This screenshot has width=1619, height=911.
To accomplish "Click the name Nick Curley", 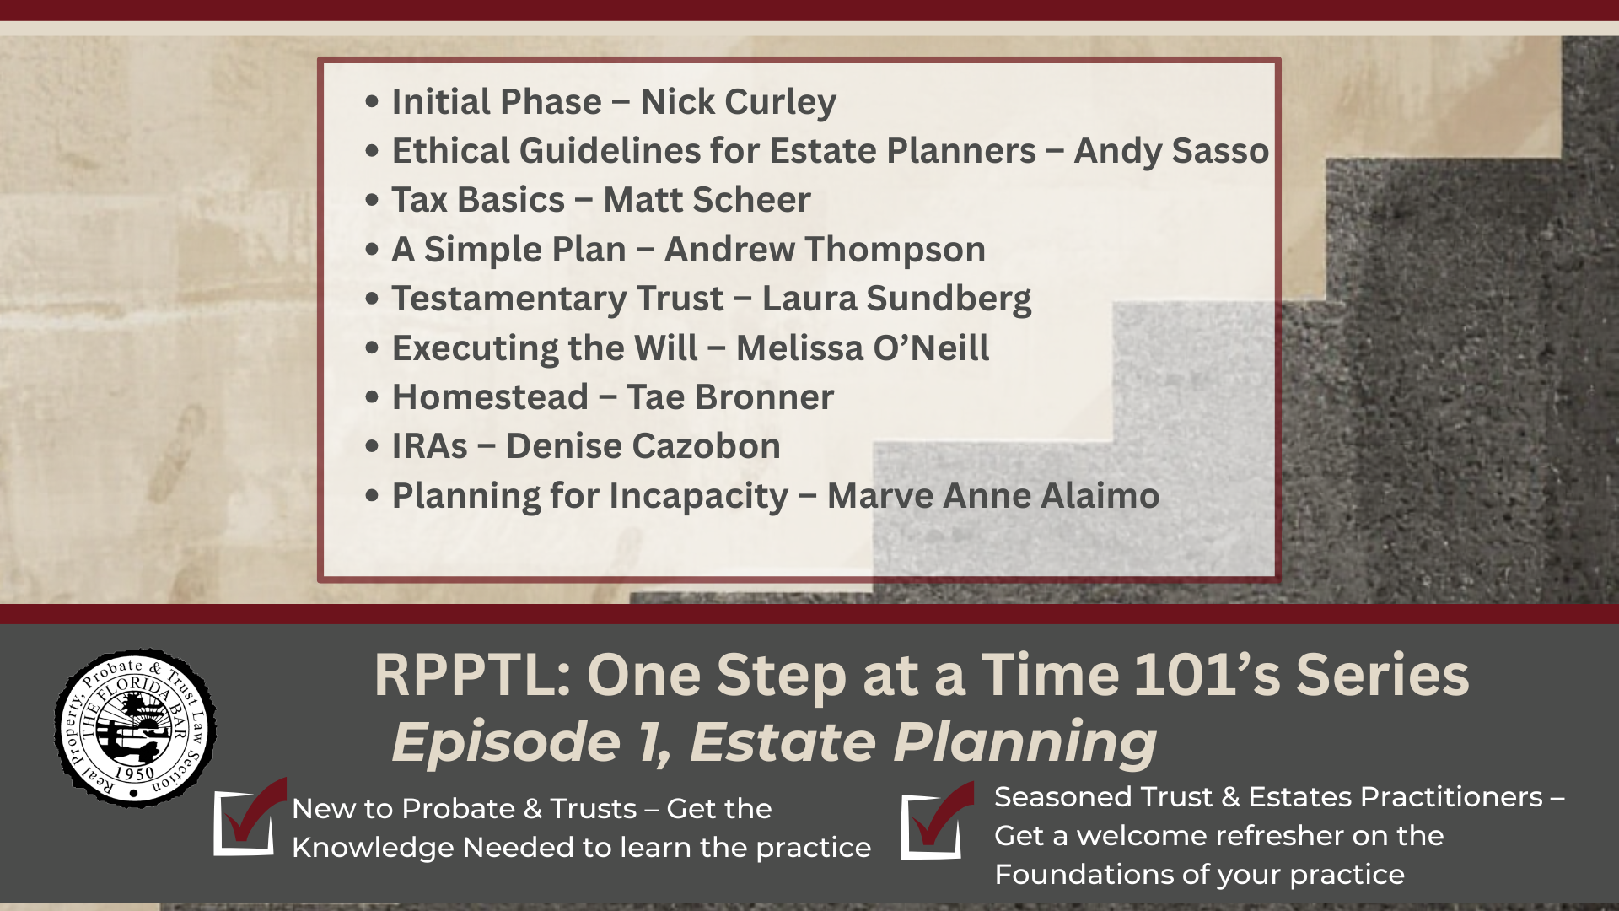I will pyautogui.click(x=738, y=102).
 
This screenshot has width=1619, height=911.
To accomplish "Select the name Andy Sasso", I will pyautogui.click(x=1170, y=151).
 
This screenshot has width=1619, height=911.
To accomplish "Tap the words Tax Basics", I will pyautogui.click(x=478, y=200).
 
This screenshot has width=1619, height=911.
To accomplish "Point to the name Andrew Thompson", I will pyautogui.click(x=825, y=250).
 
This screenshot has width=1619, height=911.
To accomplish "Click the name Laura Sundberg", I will pyautogui.click(x=896, y=299).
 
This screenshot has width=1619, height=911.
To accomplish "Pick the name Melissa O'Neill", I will pyautogui.click(x=862, y=348).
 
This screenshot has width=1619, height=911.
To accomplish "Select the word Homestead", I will pyautogui.click(x=490, y=397).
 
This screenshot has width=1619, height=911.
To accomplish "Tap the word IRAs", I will pyautogui.click(x=429, y=446).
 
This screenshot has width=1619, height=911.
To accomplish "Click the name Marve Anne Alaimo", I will pyautogui.click(x=992, y=496).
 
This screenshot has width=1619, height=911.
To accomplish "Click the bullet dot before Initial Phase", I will pyautogui.click(x=372, y=102).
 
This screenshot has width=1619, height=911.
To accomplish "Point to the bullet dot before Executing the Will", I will pyautogui.click(x=372, y=348).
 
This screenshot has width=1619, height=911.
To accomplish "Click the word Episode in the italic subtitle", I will pyautogui.click(x=507, y=742).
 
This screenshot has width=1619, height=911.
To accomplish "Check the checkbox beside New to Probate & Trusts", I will pyautogui.click(x=245, y=822).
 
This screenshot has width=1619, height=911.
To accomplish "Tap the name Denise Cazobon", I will pyautogui.click(x=643, y=446).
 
